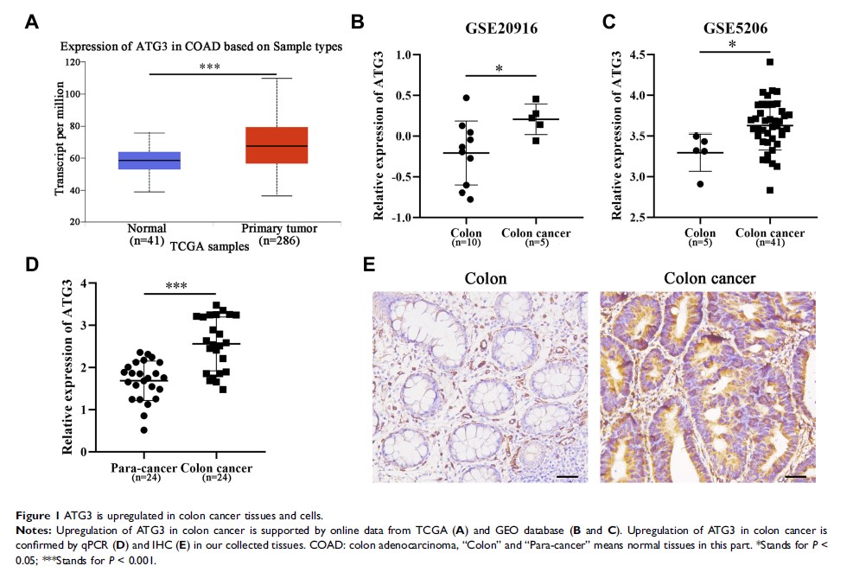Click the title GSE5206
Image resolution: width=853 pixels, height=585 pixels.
tap(735, 27)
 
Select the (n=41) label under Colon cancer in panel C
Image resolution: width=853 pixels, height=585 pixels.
tap(769, 243)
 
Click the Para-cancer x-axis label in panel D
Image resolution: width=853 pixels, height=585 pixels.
tap(143, 468)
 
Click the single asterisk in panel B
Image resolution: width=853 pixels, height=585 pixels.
tap(498, 68)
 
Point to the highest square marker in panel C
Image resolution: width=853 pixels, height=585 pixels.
tap(769, 62)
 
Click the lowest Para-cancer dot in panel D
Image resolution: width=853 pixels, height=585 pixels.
tap(143, 429)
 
